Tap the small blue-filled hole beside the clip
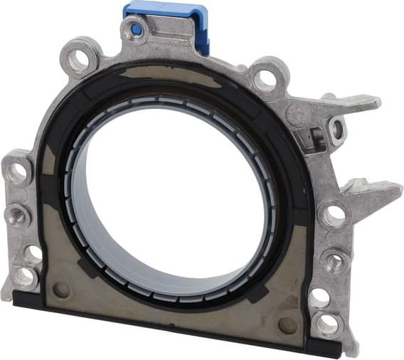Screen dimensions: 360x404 pyautogui.click(x=135, y=30)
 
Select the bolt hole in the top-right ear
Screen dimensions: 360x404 pyautogui.click(x=267, y=78)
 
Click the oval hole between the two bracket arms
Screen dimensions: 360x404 pyautogui.click(x=337, y=129)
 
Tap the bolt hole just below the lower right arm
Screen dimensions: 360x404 pyautogui.click(x=333, y=213)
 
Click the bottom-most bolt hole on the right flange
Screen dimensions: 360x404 pyautogui.click(x=327, y=324)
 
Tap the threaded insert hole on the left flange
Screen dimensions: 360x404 pyautogui.click(x=17, y=213)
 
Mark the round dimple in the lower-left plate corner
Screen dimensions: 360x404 pyautogui.click(x=63, y=290)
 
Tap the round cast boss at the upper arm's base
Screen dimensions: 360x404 pyautogui.click(x=299, y=114)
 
